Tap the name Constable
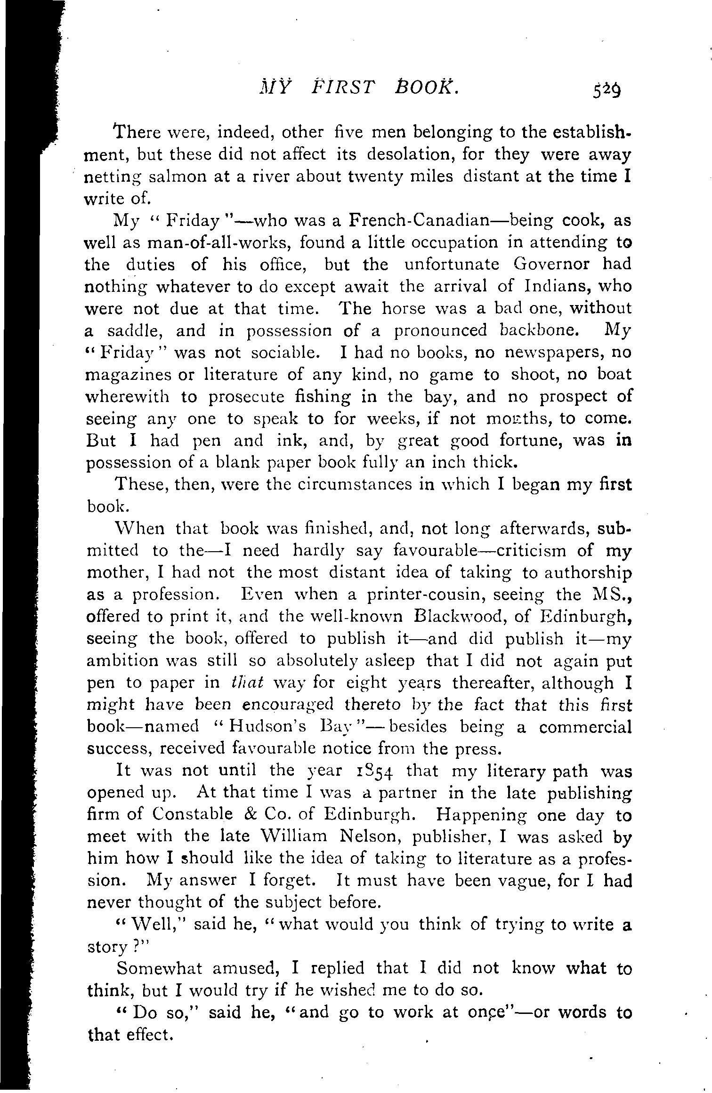click(193, 815)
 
